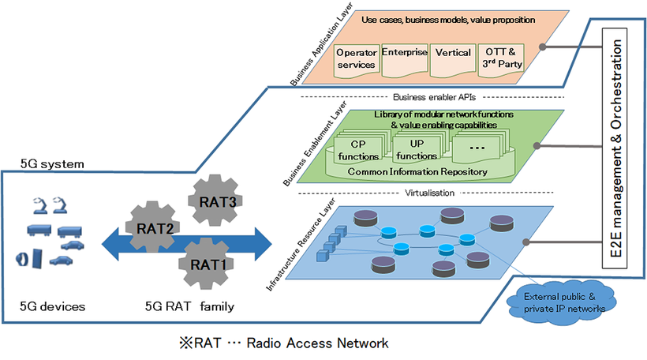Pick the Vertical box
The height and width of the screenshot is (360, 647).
coord(453,57)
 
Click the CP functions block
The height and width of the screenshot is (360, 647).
coord(357,149)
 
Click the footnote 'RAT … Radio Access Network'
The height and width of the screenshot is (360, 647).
coord(283,343)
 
